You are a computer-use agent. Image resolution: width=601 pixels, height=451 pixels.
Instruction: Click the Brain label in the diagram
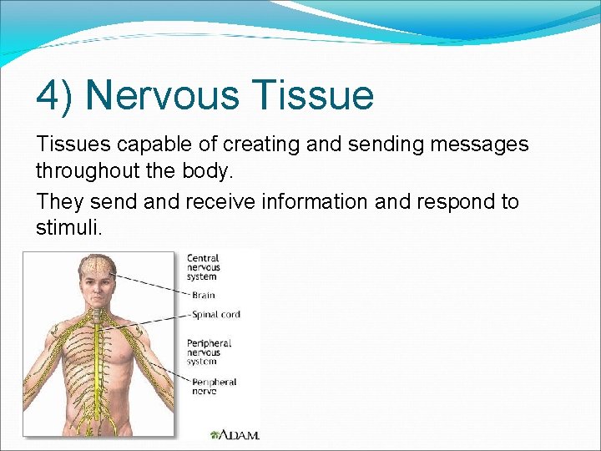point(203,295)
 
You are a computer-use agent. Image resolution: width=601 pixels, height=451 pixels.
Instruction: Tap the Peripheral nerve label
point(214,386)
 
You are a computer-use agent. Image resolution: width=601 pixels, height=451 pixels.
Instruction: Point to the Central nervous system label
point(203,267)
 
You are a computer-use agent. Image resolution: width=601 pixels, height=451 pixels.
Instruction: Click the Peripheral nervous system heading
point(209,352)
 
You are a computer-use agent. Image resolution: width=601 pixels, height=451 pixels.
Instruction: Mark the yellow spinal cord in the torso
point(98,351)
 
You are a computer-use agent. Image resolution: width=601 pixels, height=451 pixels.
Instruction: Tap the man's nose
point(98,289)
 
